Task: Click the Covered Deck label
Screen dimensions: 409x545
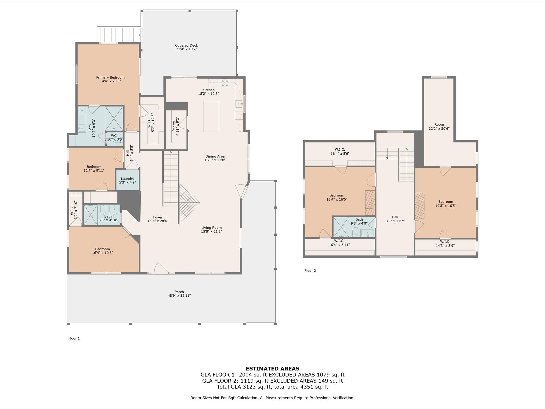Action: [186, 46]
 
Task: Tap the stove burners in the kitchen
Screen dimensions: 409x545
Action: [225, 83]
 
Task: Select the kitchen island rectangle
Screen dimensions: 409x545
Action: [211, 116]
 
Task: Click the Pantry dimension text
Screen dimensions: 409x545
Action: [178, 126]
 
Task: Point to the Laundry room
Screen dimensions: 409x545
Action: [127, 181]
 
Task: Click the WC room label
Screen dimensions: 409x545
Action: [114, 136]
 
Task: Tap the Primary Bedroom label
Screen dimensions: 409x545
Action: [110, 77]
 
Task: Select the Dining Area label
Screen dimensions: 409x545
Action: [215, 157]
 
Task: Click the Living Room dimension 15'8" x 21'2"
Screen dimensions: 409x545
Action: [211, 232]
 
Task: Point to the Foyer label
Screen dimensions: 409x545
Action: [158, 217]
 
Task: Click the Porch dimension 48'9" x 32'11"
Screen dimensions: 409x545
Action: [179, 296]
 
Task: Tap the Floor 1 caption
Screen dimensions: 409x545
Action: [74, 338]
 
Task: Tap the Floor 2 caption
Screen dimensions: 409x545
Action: [310, 271]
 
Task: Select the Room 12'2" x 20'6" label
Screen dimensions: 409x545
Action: [439, 126]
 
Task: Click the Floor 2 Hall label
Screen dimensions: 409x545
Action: [395, 217]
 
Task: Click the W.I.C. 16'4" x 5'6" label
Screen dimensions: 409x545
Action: [340, 152]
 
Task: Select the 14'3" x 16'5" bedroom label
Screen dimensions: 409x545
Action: [445, 204]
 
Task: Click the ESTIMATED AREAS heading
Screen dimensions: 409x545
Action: [272, 369]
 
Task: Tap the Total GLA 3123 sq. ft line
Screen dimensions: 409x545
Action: [272, 387]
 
